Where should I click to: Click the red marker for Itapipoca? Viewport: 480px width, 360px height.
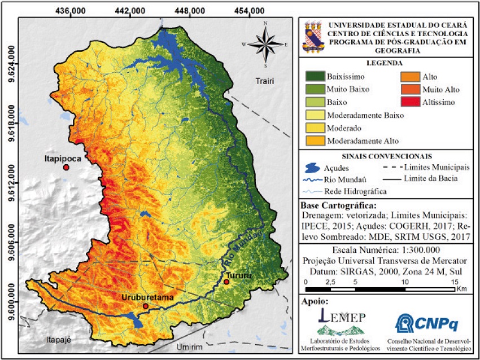[66, 168]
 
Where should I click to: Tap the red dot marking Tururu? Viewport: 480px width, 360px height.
[226, 282]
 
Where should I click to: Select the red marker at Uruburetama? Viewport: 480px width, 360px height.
[146, 306]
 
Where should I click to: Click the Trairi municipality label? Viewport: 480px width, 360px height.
[264, 81]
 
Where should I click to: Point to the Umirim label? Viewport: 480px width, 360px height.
[187, 346]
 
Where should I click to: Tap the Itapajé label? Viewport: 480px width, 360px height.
[59, 339]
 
